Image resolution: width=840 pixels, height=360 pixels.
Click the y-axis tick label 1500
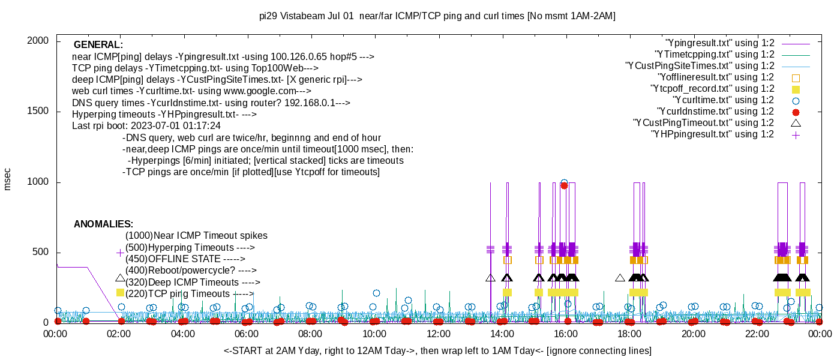point(38,112)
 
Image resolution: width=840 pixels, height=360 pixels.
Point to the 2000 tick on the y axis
point(38,41)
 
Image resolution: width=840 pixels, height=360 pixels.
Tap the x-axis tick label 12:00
point(438,334)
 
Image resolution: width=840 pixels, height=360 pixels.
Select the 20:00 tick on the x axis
point(693,334)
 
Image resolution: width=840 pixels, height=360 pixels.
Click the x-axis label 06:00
point(247,334)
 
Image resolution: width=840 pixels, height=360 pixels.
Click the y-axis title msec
point(8,179)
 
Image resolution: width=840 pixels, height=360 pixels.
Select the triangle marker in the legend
point(796,123)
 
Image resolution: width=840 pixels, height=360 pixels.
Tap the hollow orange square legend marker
point(796,77)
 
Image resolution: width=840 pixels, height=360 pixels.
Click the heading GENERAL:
point(98,45)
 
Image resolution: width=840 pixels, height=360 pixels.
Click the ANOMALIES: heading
point(103,224)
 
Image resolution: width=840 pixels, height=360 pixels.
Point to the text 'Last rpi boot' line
point(146,126)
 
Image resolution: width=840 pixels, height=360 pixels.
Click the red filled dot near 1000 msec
point(564,185)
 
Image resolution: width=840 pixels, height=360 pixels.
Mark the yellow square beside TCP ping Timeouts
point(120,293)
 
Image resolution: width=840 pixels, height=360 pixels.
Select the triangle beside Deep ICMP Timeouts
point(120,278)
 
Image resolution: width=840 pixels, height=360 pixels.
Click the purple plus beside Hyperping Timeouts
point(120,253)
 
